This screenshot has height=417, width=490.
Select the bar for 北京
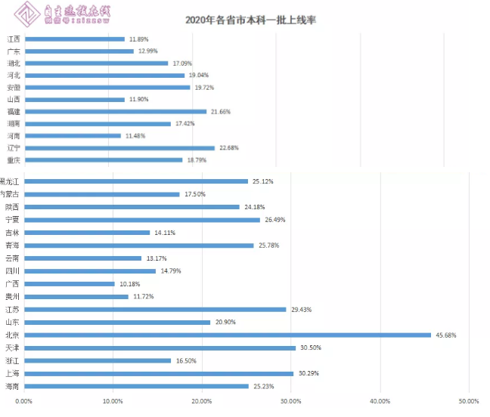pyautogui.click(x=228, y=335)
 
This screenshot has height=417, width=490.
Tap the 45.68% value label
pyautogui.click(x=445, y=335)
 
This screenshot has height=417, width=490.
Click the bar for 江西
pyautogui.click(x=75, y=39)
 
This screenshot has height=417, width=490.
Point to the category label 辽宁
pyautogui.click(x=14, y=147)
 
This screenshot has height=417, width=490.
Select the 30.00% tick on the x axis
pyautogui.click(x=290, y=401)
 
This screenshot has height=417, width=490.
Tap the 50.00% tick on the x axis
pyautogui.click(x=468, y=401)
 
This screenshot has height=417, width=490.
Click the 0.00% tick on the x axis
pyautogui.click(x=23, y=401)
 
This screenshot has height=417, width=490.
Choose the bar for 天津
pyautogui.click(x=160, y=347)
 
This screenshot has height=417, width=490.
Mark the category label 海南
pyautogui.click(x=12, y=386)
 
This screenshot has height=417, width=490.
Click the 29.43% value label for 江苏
pyautogui.click(x=301, y=309)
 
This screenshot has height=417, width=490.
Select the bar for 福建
pyautogui.click(x=116, y=111)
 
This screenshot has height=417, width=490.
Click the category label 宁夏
pyautogui.click(x=12, y=220)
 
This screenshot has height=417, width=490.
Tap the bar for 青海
pyautogui.click(x=139, y=246)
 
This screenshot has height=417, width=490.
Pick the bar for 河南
pyautogui.click(x=73, y=135)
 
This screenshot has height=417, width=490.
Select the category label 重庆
pyautogui.click(x=14, y=160)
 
